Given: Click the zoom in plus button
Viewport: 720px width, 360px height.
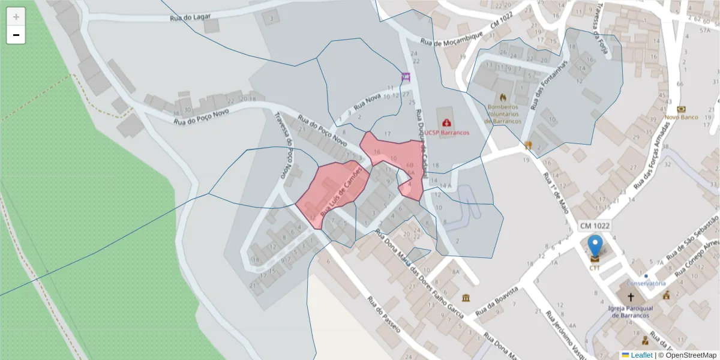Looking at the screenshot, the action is pyautogui.click(x=16, y=17).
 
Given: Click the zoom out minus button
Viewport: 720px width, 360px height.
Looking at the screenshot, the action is pyautogui.click(x=16, y=35).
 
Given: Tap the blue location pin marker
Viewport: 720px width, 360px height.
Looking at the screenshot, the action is pyautogui.click(x=595, y=247).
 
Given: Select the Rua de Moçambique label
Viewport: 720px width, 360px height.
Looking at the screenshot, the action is pyautogui.click(x=452, y=41).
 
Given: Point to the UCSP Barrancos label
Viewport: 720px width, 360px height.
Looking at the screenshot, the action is pyautogui.click(x=447, y=132).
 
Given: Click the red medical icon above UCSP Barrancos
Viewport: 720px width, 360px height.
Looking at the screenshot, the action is pyautogui.click(x=447, y=123).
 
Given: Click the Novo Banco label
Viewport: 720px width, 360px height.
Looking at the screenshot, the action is pyautogui.click(x=681, y=117).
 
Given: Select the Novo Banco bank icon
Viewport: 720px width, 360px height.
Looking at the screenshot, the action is pyautogui.click(x=681, y=109).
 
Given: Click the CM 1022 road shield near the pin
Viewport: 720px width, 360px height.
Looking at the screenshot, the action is pyautogui.click(x=595, y=226).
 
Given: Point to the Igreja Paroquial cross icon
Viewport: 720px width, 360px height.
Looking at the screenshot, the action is pyautogui.click(x=631, y=297).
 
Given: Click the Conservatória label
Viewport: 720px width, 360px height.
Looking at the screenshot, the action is pyautogui.click(x=646, y=283).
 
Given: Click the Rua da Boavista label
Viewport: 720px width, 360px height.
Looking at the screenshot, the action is pyautogui.click(x=499, y=305).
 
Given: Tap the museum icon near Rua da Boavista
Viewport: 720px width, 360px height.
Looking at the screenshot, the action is pyautogui.click(x=466, y=298).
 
